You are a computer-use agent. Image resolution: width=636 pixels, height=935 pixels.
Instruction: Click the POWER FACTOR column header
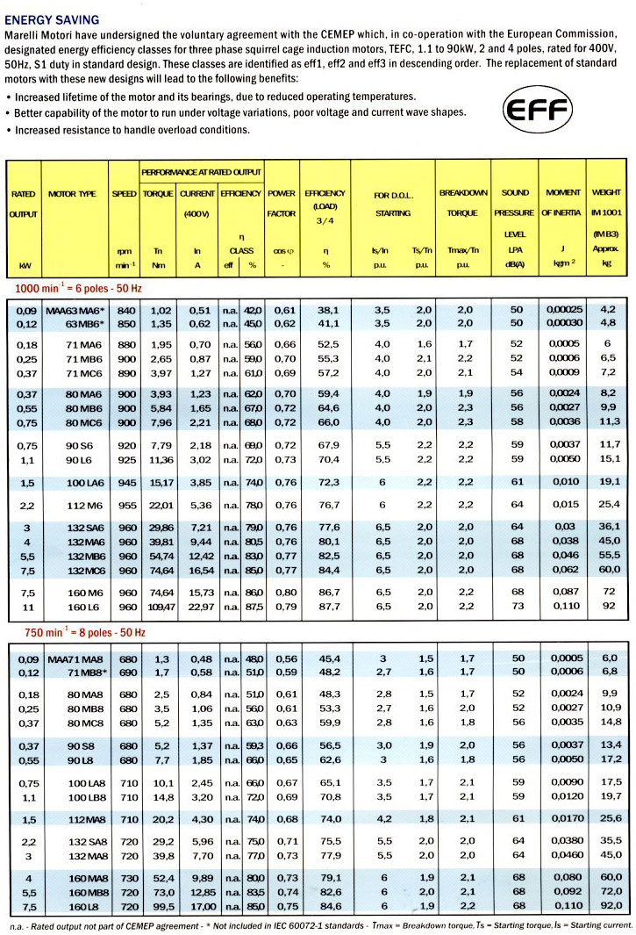point(281,202)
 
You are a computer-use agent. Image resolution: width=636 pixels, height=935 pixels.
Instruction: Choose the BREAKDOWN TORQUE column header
point(463,202)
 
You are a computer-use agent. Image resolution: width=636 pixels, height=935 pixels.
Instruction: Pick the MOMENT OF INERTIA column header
point(562,202)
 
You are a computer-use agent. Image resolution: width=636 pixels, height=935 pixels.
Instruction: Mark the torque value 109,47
point(157,606)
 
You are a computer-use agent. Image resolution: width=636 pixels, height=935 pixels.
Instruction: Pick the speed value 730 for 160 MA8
point(128,878)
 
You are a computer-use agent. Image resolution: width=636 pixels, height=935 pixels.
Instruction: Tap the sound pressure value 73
point(517,606)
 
